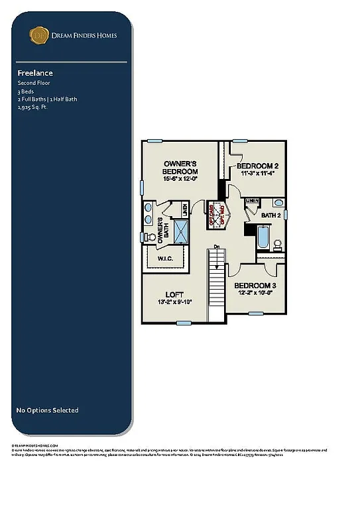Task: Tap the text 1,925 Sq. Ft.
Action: point(32,106)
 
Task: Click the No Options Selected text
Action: point(47,410)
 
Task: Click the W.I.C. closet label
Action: point(166,258)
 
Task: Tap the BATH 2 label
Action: point(271,215)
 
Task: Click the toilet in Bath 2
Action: point(278,244)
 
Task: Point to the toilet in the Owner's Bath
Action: point(150,237)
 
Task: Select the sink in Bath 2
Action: point(278,203)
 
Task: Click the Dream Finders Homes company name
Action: point(84,35)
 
